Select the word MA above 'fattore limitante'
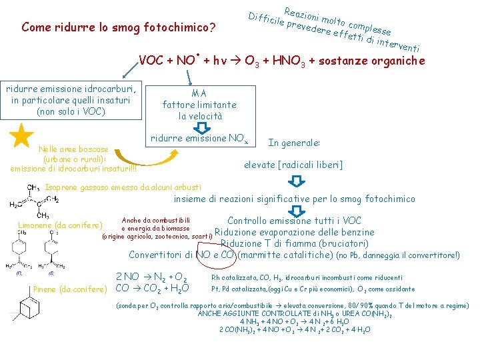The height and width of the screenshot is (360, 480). click(x=199, y=93)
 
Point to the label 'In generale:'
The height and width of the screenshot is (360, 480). click(x=294, y=143)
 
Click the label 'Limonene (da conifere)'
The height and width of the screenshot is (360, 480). click(x=61, y=225)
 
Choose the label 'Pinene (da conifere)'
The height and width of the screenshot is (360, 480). click(x=69, y=289)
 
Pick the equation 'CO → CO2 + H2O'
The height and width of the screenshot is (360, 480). click(x=153, y=288)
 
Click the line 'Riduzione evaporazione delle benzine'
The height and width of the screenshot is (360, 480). click(x=294, y=232)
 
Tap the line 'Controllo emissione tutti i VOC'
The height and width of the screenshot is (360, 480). click(x=294, y=221)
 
